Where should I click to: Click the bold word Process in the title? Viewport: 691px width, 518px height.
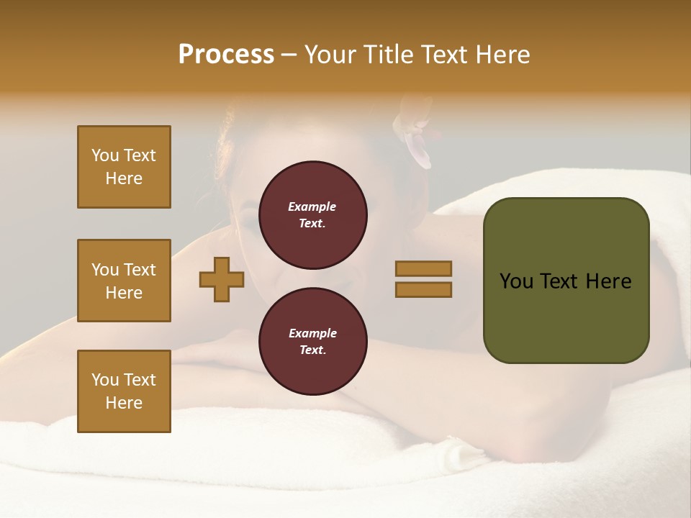(x=226, y=55)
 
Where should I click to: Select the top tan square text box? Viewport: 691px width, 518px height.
(x=124, y=167)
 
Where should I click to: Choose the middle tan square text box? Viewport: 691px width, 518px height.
(x=124, y=281)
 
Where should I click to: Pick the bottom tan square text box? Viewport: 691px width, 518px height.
(x=124, y=391)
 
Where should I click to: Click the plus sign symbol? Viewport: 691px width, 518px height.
(x=222, y=279)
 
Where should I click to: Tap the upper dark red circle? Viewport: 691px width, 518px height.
(x=312, y=215)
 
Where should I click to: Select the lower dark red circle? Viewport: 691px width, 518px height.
(x=312, y=342)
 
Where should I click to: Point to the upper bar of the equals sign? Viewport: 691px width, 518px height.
(x=423, y=268)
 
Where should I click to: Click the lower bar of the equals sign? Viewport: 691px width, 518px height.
(x=423, y=289)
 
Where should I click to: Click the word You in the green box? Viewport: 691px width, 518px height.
(x=516, y=281)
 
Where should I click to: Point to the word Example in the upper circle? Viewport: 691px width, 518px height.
(x=312, y=206)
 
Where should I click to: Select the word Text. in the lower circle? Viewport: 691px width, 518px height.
(x=312, y=350)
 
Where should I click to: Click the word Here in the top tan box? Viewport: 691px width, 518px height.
(x=124, y=178)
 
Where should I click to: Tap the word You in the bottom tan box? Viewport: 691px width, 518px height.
(x=105, y=379)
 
